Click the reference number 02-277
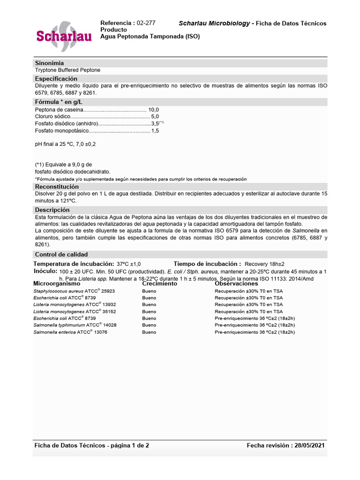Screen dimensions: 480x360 [146, 23]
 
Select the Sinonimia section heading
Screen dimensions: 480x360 [49, 63]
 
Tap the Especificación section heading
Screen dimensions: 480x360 [56, 79]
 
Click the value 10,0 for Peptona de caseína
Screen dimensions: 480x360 [154, 109]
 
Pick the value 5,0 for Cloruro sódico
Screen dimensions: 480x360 [155, 116]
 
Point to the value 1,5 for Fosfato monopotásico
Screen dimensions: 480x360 [155, 131]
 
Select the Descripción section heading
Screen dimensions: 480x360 [52, 210]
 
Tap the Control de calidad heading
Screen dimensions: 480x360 [61, 255]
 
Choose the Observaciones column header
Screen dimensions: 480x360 [236, 284]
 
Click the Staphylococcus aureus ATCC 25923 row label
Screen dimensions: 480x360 [74, 291]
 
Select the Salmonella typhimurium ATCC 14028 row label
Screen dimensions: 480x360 [75, 325]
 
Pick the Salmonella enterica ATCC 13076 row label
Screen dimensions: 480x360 [70, 332]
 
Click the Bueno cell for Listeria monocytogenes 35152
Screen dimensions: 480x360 [149, 311]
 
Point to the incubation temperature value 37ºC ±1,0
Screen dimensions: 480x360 [128, 264]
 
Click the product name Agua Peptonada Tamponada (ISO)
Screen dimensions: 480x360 [150, 37]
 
